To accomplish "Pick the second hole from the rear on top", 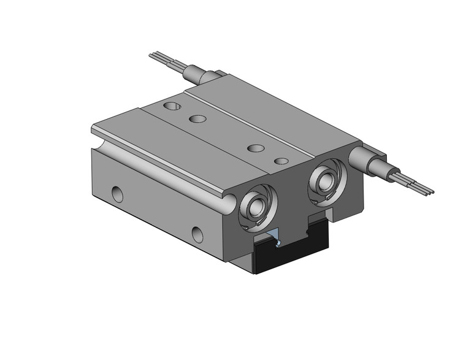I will (197, 118).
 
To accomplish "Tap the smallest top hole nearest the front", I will (281, 161).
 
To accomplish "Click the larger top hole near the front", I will (256, 148).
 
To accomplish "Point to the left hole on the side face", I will (116, 194).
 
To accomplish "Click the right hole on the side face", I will (197, 234).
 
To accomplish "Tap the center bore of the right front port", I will (326, 179).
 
